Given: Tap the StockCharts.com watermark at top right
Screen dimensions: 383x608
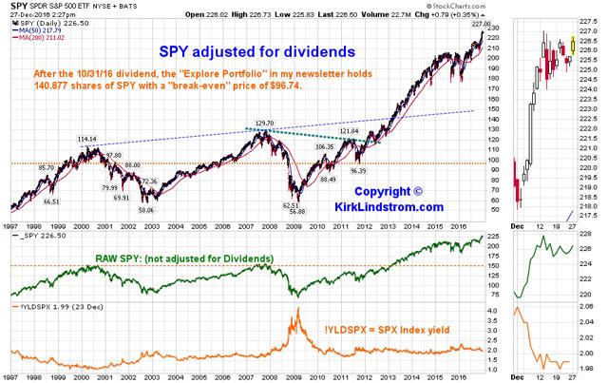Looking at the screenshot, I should click(560, 5).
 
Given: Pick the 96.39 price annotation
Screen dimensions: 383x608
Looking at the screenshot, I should click(358, 171).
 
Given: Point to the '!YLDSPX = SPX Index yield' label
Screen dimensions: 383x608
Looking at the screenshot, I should click(396, 331).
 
